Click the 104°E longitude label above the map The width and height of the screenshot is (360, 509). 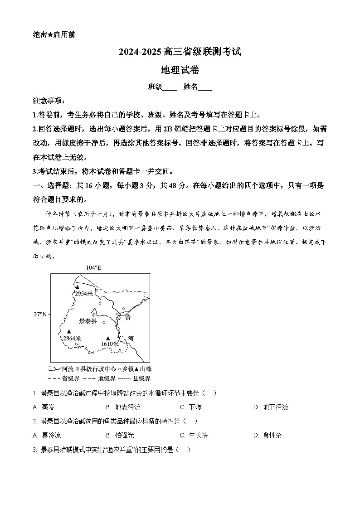coord(93,268)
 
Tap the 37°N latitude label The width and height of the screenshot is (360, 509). coord(40,314)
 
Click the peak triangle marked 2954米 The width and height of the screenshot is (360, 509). coord(78,287)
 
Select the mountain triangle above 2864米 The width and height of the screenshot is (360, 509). coord(69,331)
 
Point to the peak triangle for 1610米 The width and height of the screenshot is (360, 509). coord(108,338)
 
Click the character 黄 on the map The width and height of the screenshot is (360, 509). coord(127,317)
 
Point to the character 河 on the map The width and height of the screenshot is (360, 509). coord(131,338)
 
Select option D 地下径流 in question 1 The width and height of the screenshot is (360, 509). coord(275,407)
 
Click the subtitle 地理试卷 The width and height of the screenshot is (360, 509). coord(180,70)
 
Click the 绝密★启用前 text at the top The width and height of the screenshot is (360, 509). coord(54,35)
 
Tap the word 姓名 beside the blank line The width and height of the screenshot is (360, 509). coord(190,87)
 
